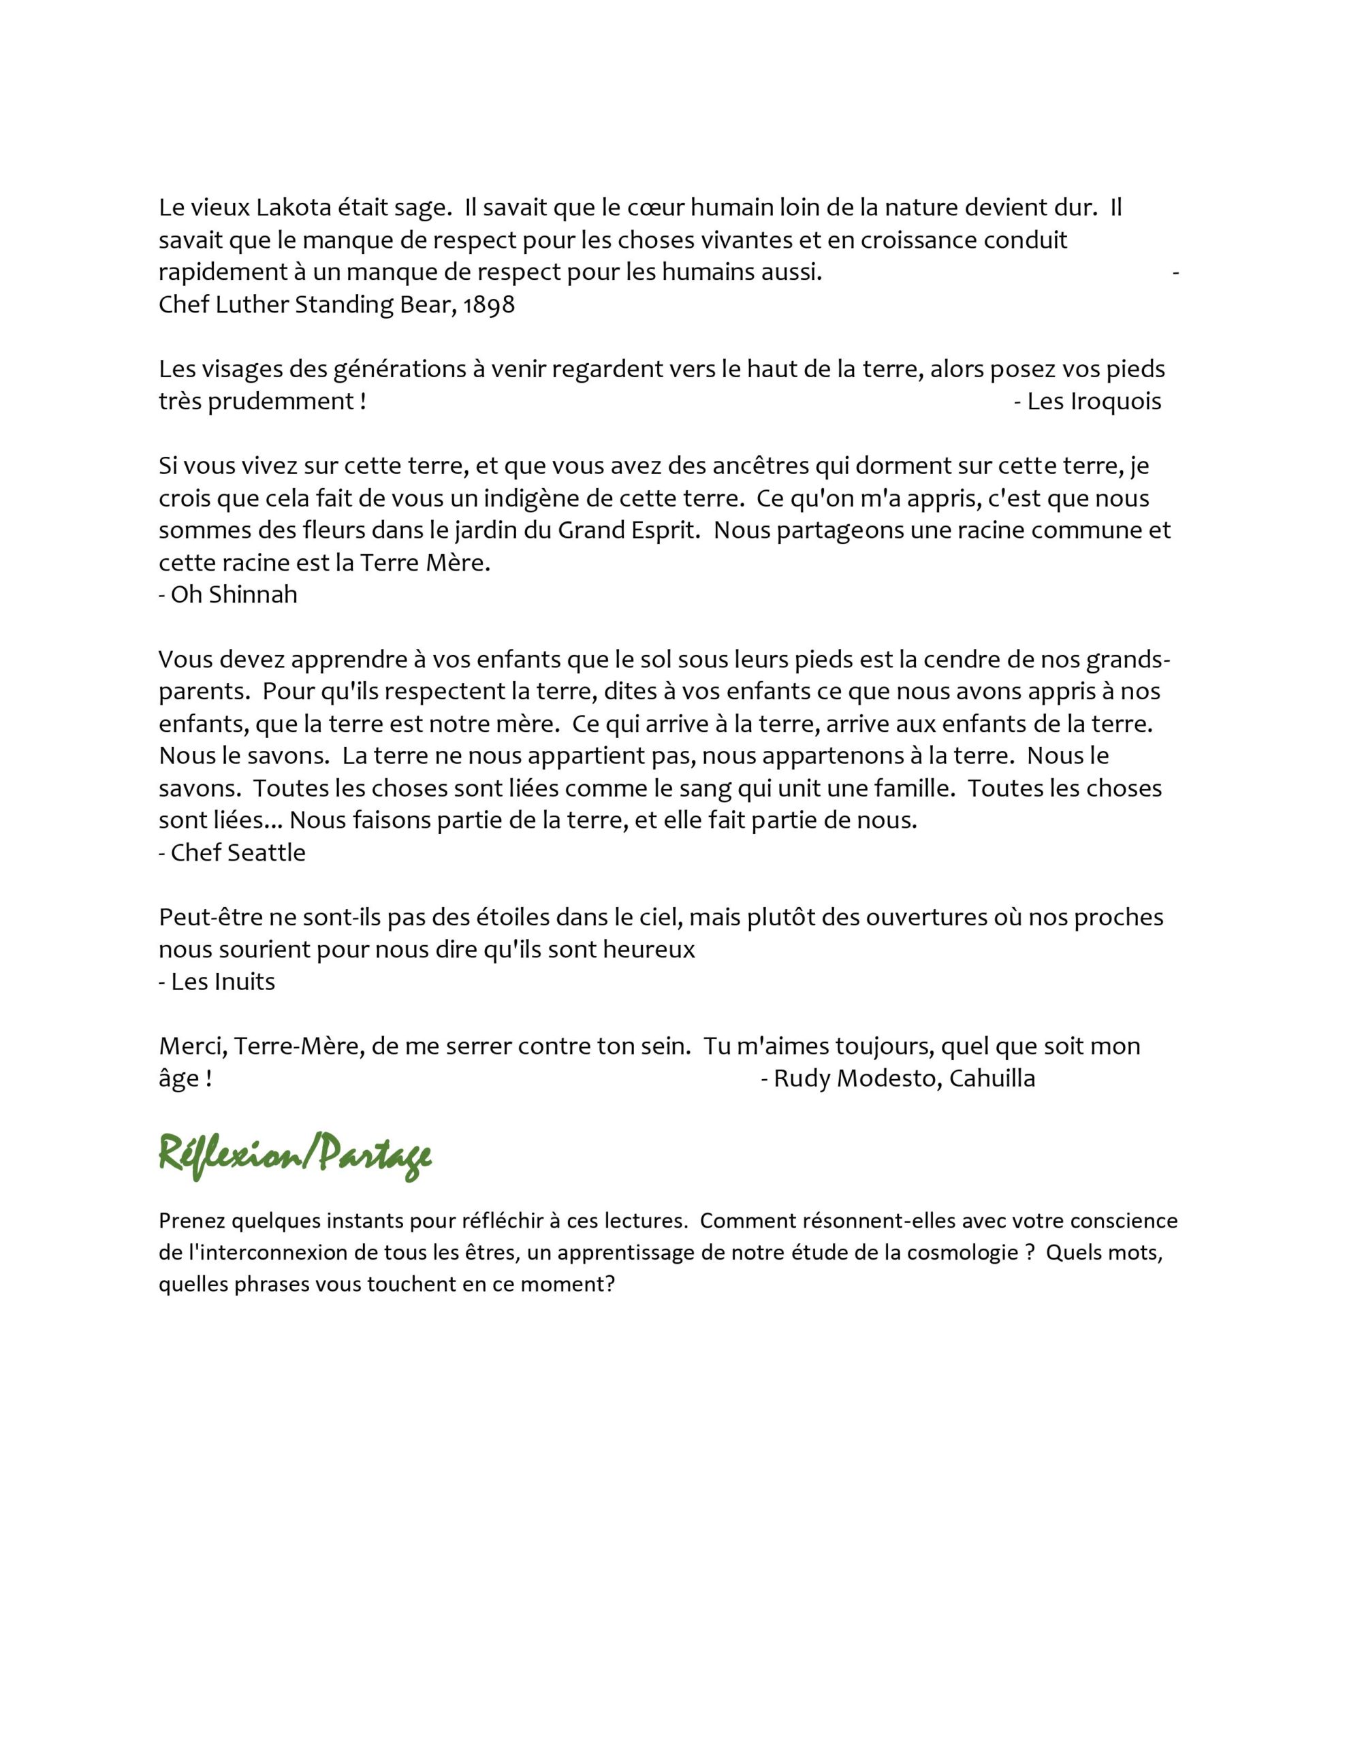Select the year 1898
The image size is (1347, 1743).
click(488, 305)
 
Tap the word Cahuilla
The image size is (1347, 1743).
click(994, 1078)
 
